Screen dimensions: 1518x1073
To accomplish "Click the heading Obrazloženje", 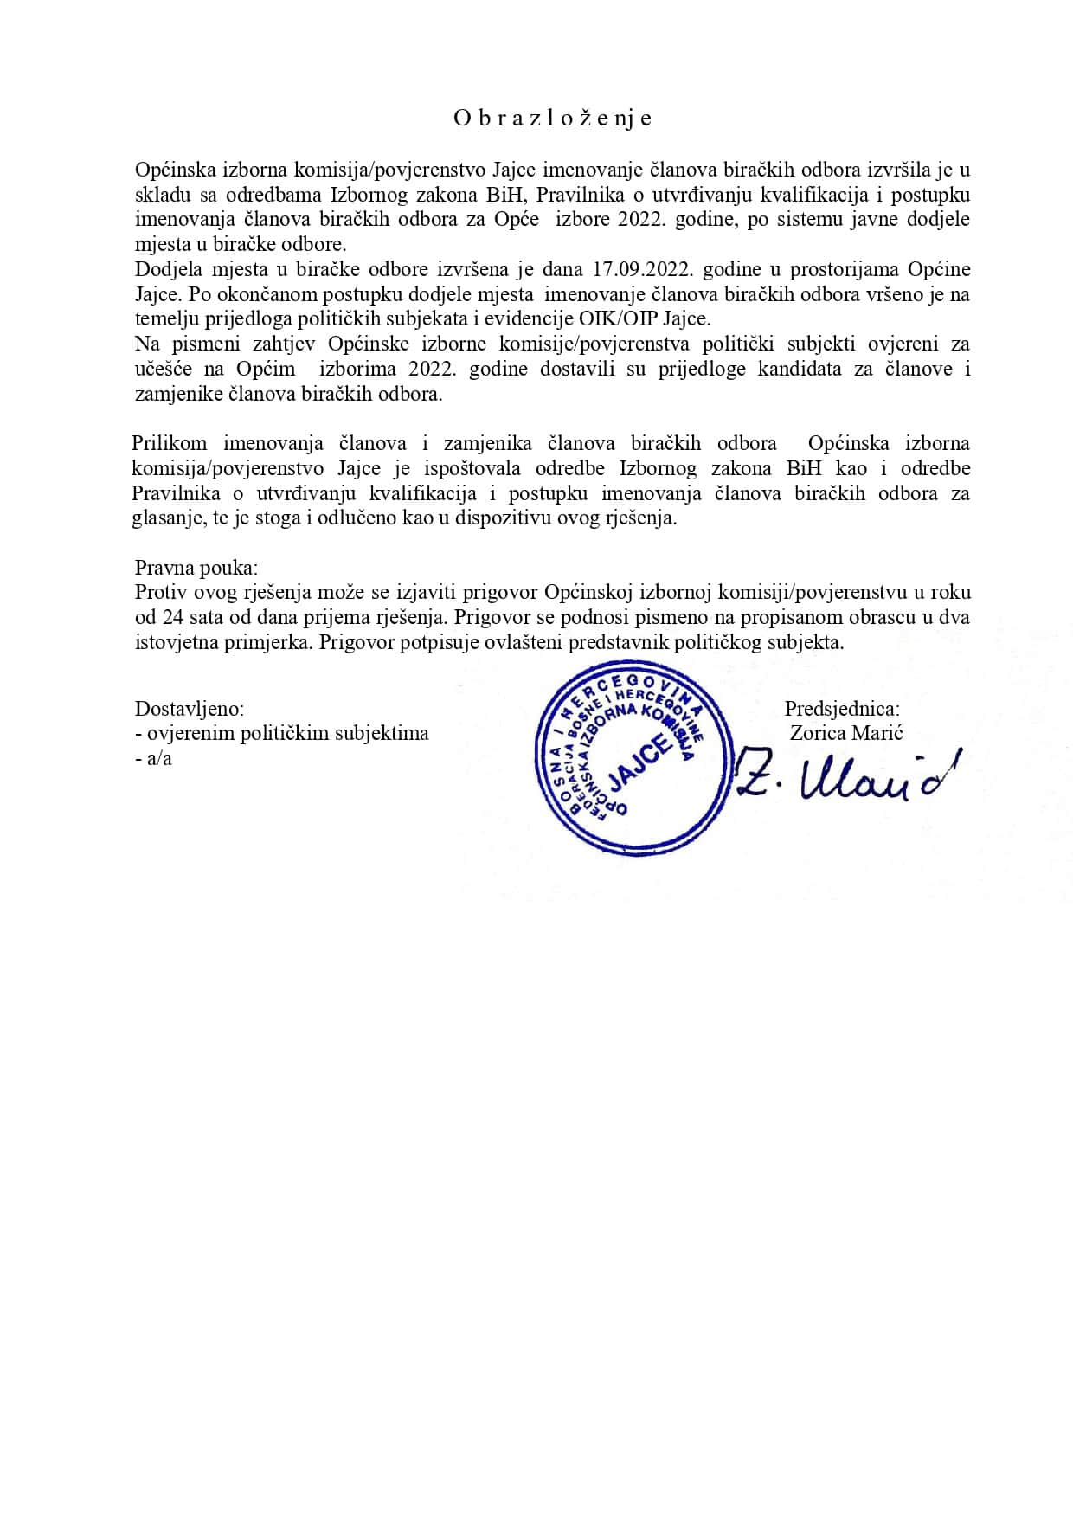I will [552, 119].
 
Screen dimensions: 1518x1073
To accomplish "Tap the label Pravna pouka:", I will [196, 568].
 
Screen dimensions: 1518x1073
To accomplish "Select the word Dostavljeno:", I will [190, 709].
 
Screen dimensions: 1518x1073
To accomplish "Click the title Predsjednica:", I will [842, 709].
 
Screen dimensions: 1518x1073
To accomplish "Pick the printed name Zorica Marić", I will [846, 733].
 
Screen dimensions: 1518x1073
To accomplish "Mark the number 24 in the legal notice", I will [170, 618].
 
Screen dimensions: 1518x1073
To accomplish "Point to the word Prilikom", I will [169, 444].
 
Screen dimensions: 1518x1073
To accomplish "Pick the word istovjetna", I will [181, 643].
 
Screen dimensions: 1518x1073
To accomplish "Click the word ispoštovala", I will [492, 469].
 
